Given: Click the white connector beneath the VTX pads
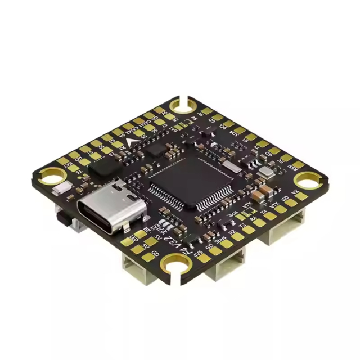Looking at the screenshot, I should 284,225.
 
